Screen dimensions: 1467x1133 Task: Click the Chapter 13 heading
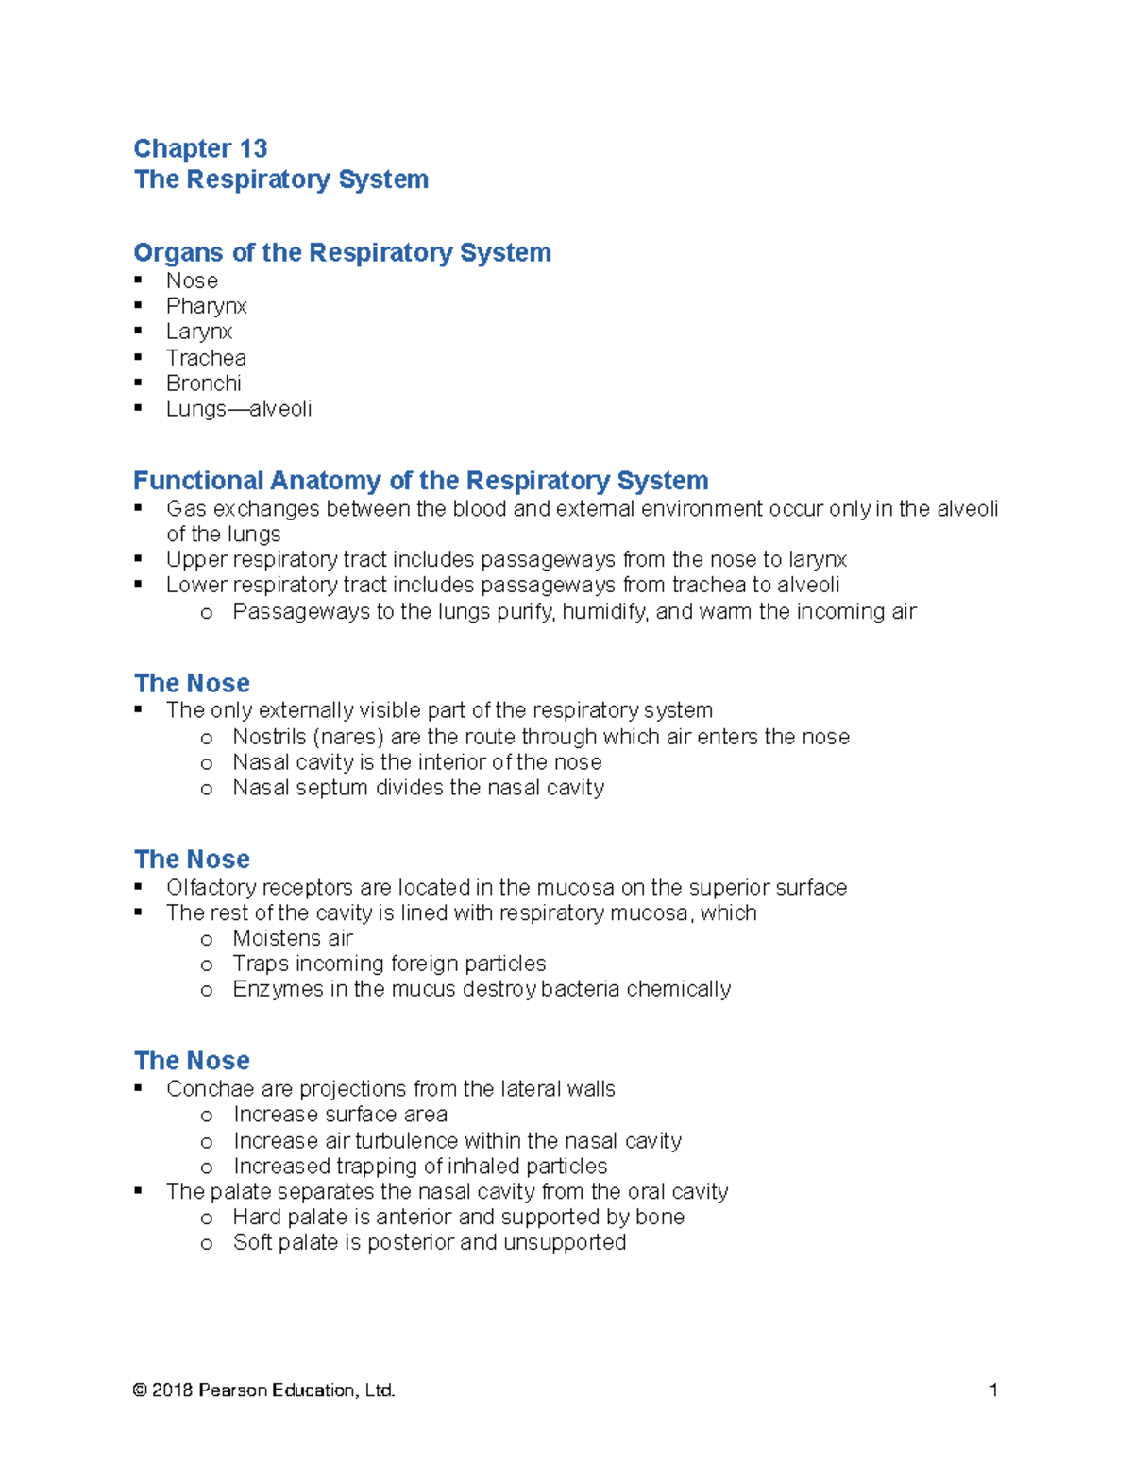pos(200,148)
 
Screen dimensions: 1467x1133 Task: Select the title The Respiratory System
pos(281,179)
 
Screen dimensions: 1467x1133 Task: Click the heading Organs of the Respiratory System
pos(342,252)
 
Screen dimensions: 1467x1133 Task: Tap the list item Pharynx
pos(206,306)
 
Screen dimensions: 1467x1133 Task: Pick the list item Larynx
pos(198,332)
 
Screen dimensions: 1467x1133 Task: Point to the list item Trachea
pos(206,358)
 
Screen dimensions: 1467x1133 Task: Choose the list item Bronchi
pos(203,384)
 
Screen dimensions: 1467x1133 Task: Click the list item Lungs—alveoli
pos(238,409)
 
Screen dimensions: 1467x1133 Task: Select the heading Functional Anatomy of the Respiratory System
pos(420,480)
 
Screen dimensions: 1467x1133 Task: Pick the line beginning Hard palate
pos(458,1217)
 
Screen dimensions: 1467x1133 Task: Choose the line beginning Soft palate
pos(429,1242)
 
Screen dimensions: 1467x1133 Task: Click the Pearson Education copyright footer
pos(263,1390)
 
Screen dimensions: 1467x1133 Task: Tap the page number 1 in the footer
pos(992,1390)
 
